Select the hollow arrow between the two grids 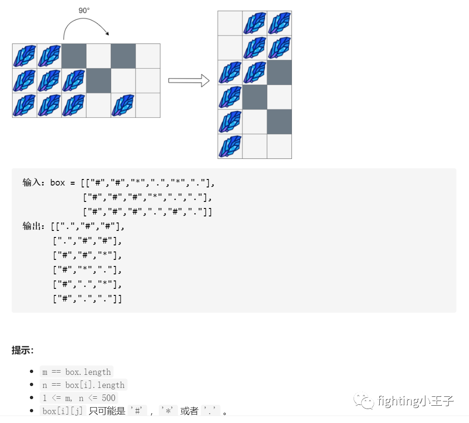(188, 80)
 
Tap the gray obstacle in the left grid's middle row (99, 80)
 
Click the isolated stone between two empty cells (123, 105)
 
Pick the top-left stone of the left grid (25, 56)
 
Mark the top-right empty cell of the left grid (148, 56)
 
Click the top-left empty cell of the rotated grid (230, 23)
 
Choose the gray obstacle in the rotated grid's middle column (255, 97)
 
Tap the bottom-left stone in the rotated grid (230, 146)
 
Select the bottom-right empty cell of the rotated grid (279, 146)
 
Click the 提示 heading (22, 350)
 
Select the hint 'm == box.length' (77, 372)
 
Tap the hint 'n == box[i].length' (83, 385)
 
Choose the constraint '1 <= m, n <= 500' (79, 398)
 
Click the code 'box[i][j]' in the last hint (63, 411)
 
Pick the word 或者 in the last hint (189, 411)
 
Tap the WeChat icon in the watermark (364, 401)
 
